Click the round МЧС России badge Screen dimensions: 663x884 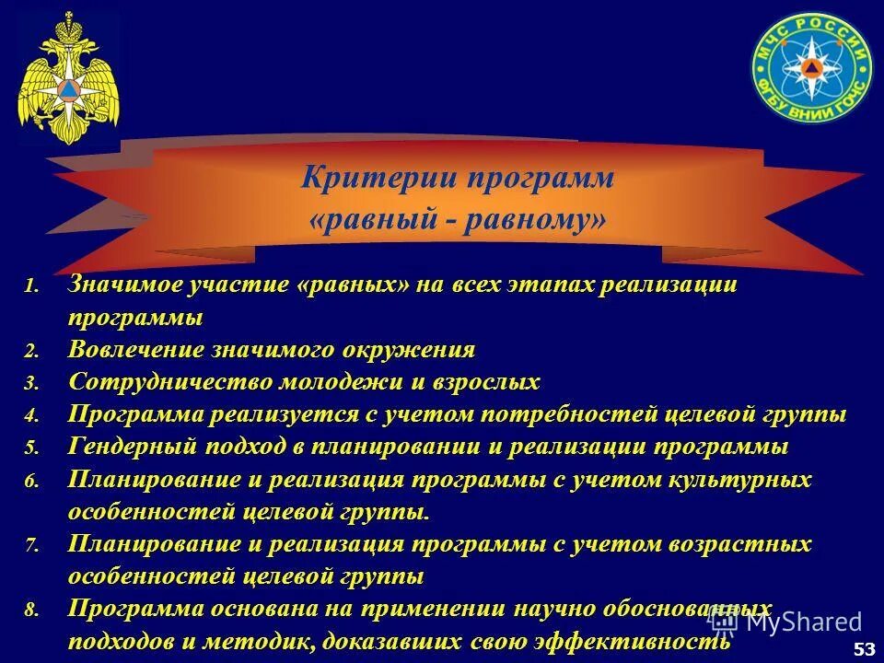810,75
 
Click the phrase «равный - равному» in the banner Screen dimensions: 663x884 458,221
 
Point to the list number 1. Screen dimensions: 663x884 31,287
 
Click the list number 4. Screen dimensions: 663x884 31,416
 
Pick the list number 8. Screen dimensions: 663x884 31,610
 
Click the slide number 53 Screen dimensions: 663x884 865,650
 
